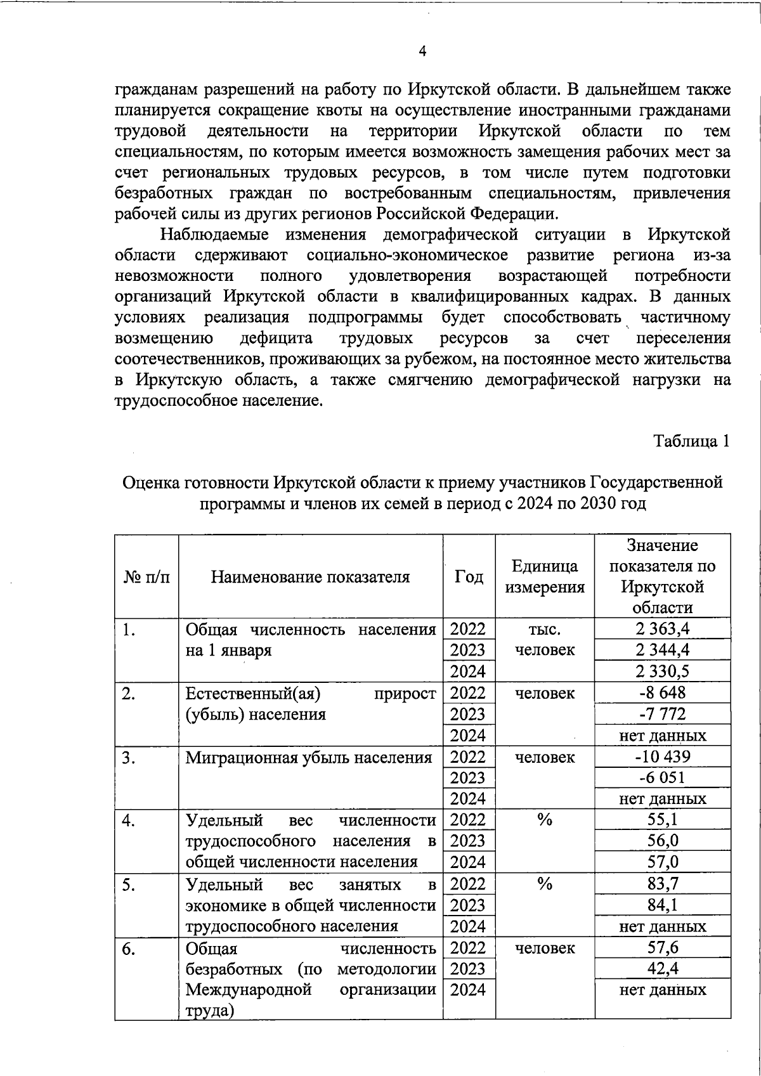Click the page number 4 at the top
(x=422, y=51)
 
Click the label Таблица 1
(x=692, y=441)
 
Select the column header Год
(x=469, y=576)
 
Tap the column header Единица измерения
(x=544, y=576)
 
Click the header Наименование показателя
(x=310, y=576)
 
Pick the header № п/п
(x=146, y=576)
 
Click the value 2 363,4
(x=663, y=629)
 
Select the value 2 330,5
(x=663, y=671)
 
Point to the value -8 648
(x=663, y=692)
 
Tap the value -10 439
(x=663, y=756)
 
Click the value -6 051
(x=663, y=777)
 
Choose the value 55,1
(x=663, y=820)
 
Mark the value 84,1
(x=663, y=905)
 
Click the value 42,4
(x=663, y=969)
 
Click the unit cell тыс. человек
(x=544, y=640)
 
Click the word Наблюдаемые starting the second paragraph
(x=214, y=235)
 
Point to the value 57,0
(x=663, y=862)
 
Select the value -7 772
(x=663, y=714)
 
